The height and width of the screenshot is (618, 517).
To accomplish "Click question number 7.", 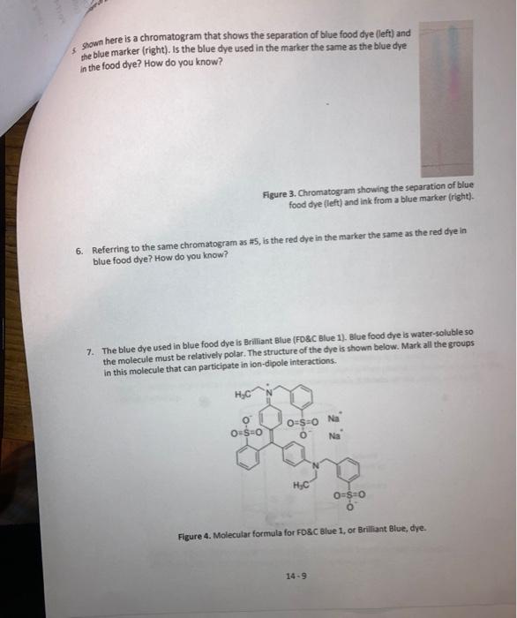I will pyautogui.click(x=90, y=350).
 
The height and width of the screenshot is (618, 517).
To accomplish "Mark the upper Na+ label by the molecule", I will pyautogui.click(x=333, y=418).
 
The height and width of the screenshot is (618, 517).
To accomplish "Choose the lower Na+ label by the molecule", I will pyautogui.click(x=333, y=436).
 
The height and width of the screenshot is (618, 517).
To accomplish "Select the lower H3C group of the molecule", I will pyautogui.click(x=298, y=484).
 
